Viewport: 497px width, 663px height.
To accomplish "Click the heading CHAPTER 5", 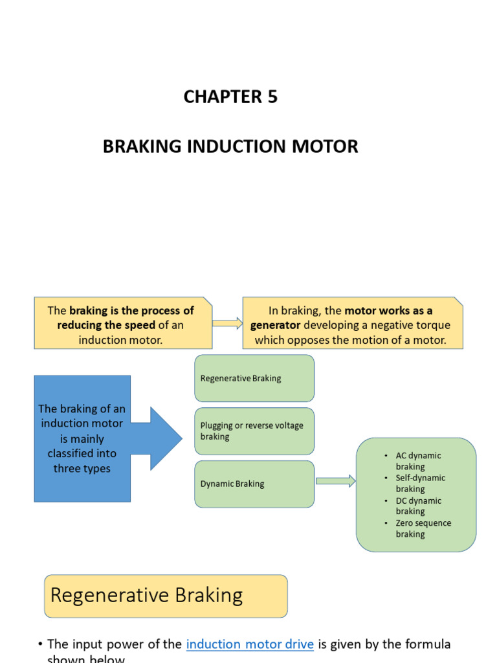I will click(x=230, y=96).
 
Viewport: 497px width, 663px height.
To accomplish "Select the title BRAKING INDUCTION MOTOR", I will click(x=230, y=146).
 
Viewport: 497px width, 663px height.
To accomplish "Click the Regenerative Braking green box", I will click(x=254, y=378).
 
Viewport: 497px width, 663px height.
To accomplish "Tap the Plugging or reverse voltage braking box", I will click(x=254, y=431).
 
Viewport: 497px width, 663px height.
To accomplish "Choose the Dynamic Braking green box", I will click(x=254, y=484).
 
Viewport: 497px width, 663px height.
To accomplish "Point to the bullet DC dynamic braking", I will click(x=418, y=506).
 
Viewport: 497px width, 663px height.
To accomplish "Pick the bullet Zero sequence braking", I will click(x=423, y=528).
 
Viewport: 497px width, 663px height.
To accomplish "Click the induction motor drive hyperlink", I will click(x=250, y=644).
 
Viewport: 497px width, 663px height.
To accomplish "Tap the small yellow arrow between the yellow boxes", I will click(x=227, y=323).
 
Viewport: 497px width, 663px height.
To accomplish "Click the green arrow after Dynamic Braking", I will click(x=335, y=481).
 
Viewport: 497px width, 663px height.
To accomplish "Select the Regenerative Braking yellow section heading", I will click(x=166, y=596).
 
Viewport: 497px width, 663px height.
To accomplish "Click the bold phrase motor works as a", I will click(x=388, y=311).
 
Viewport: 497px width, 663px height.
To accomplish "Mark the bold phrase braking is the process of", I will click(x=131, y=311).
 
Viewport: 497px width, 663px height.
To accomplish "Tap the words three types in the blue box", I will click(x=82, y=469).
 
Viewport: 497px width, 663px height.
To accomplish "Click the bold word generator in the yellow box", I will click(x=275, y=325).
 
